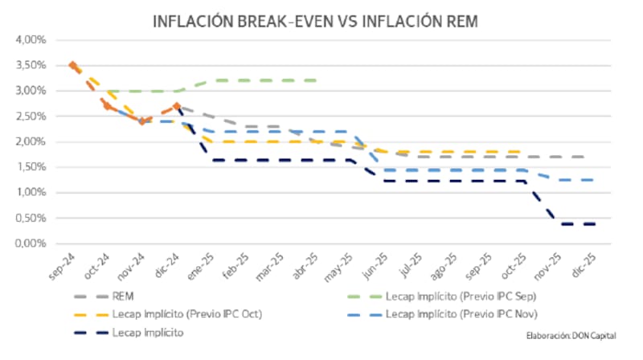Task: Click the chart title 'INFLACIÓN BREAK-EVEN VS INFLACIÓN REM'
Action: (315, 22)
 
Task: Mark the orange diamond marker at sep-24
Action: (72, 65)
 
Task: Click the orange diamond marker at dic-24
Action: (177, 106)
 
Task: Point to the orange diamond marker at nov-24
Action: (142, 121)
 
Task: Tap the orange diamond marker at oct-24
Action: (108, 105)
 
